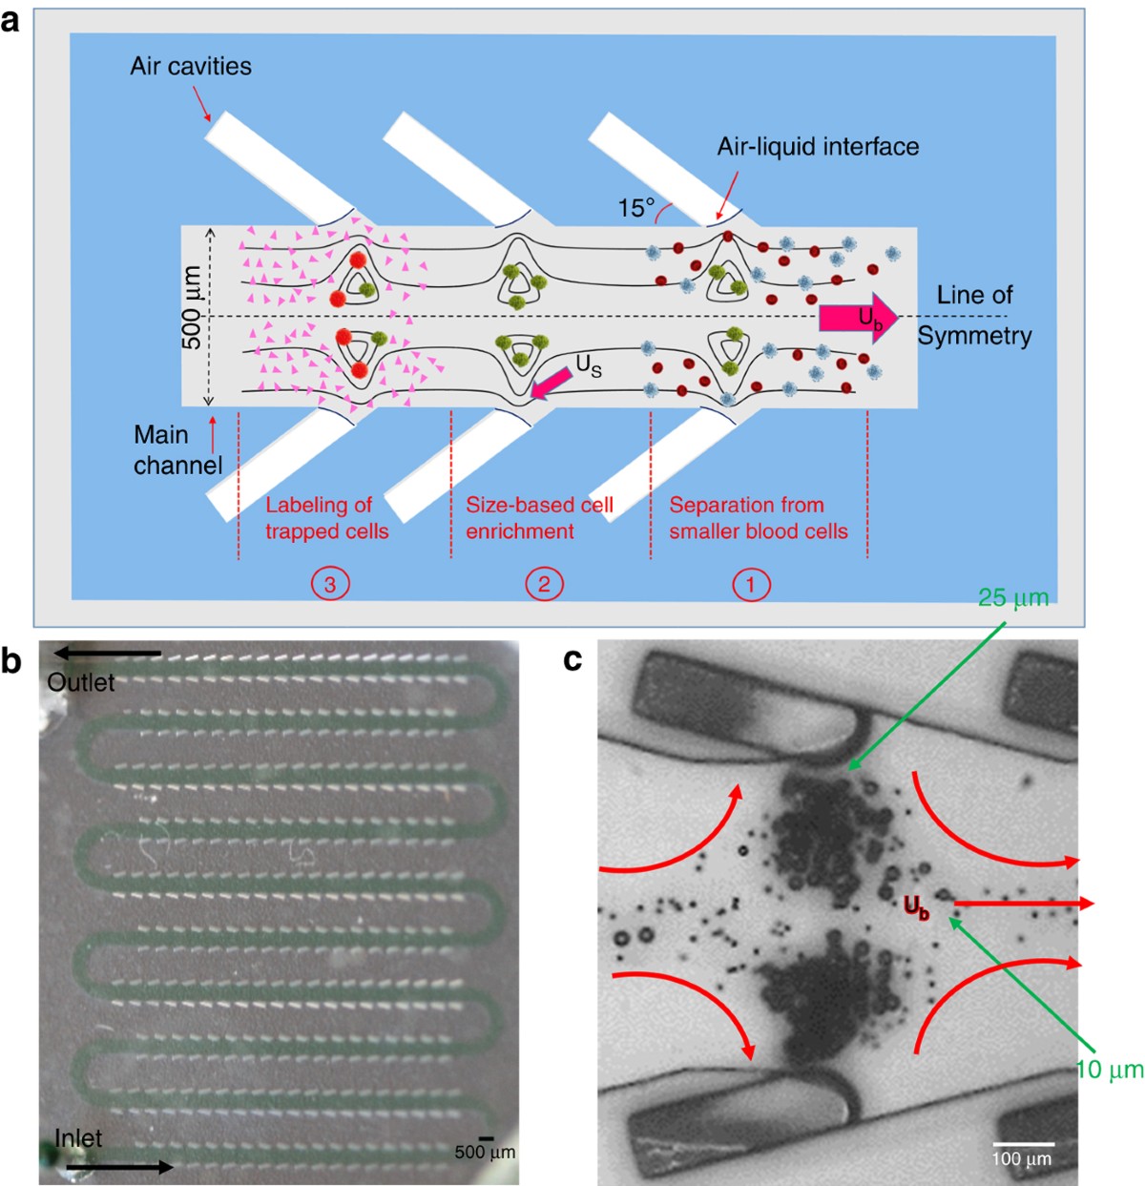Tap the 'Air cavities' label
click(x=191, y=67)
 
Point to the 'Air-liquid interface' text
click(x=818, y=147)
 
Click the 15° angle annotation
click(x=636, y=208)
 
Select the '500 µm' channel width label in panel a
click(x=192, y=307)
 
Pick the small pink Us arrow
click(x=552, y=381)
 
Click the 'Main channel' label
click(x=177, y=449)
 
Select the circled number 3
click(x=330, y=584)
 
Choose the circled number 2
click(x=544, y=584)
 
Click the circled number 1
click(x=750, y=584)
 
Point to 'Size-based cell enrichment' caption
click(x=539, y=518)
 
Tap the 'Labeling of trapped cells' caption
click(x=326, y=518)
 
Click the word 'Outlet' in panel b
click(x=81, y=683)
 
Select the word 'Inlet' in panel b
click(x=78, y=1138)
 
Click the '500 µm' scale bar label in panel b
click(x=485, y=1152)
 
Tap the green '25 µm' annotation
click(x=1013, y=598)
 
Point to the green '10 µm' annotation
click(x=1110, y=1070)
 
